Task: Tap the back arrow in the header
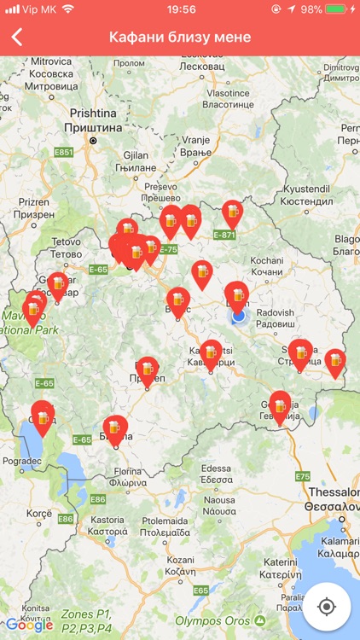[x=17, y=38]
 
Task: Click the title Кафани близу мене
[x=180, y=38]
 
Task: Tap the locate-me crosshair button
[x=326, y=607]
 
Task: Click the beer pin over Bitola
[x=115, y=428]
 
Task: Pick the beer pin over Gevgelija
[x=280, y=404]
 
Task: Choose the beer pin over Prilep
[x=148, y=369]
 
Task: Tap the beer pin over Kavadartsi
[x=211, y=352]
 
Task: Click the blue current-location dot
[x=239, y=316]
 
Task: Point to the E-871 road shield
[x=224, y=235]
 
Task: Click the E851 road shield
[x=63, y=152]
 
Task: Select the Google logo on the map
[x=29, y=625]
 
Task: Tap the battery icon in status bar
[x=339, y=9]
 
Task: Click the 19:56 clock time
[x=180, y=9]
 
